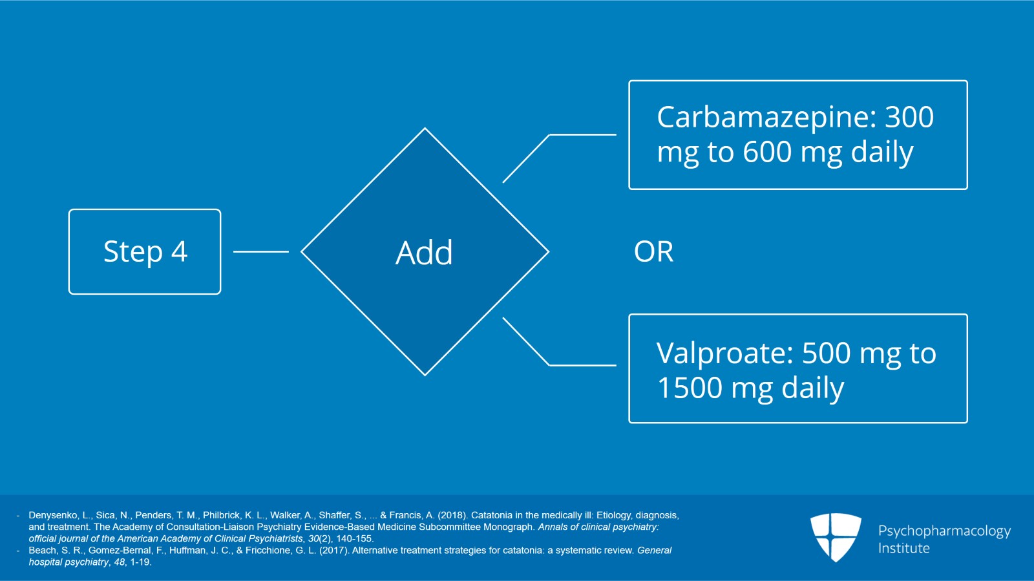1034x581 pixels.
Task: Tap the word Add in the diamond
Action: pos(424,253)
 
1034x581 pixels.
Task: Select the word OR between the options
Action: pos(653,251)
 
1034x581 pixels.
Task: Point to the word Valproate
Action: pos(724,354)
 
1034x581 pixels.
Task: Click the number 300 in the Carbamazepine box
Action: pos(909,117)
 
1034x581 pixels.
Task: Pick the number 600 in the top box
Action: pos(768,153)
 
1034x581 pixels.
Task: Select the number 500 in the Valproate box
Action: pos(827,354)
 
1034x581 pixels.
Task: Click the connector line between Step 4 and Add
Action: pos(261,251)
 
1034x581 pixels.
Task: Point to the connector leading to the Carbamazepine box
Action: pos(549,135)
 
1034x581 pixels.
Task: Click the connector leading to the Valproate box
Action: pos(549,364)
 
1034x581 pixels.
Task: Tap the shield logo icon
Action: pos(836,537)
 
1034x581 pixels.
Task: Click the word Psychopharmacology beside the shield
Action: pos(944,531)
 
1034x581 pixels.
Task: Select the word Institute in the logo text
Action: pos(904,548)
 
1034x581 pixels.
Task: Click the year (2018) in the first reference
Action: pos(452,515)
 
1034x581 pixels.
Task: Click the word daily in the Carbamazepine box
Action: pos(881,153)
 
